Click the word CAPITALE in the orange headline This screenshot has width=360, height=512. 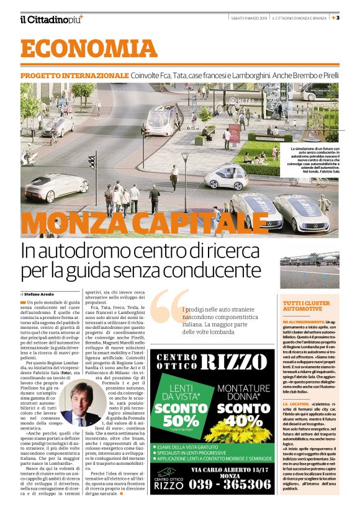tap(204, 223)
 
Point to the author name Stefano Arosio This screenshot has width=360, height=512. tap(39, 292)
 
